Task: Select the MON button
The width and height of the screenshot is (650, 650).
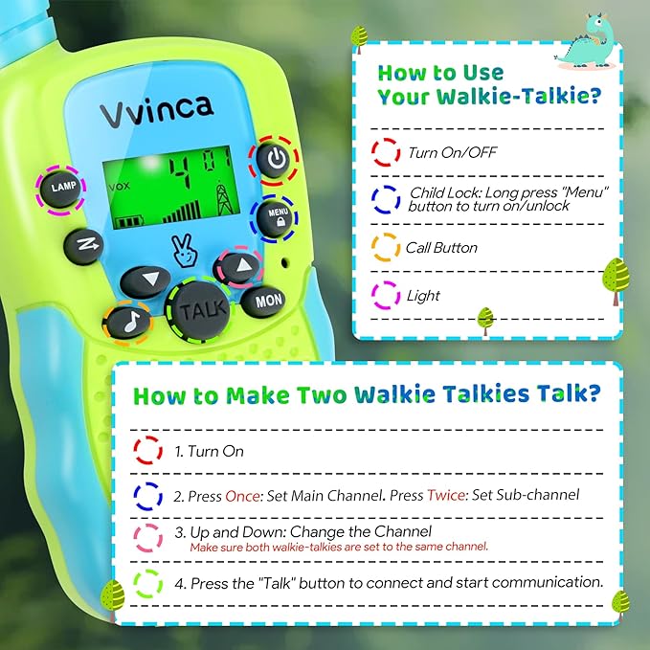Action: click(269, 302)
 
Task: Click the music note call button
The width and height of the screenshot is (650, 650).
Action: click(128, 324)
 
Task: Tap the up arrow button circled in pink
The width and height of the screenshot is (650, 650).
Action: click(241, 265)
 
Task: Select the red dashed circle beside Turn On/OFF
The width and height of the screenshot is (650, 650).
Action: click(386, 151)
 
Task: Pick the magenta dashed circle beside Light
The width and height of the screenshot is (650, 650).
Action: click(386, 295)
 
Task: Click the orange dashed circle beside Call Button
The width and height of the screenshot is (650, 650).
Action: click(386, 247)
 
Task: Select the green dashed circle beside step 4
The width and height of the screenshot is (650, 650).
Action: click(148, 582)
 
